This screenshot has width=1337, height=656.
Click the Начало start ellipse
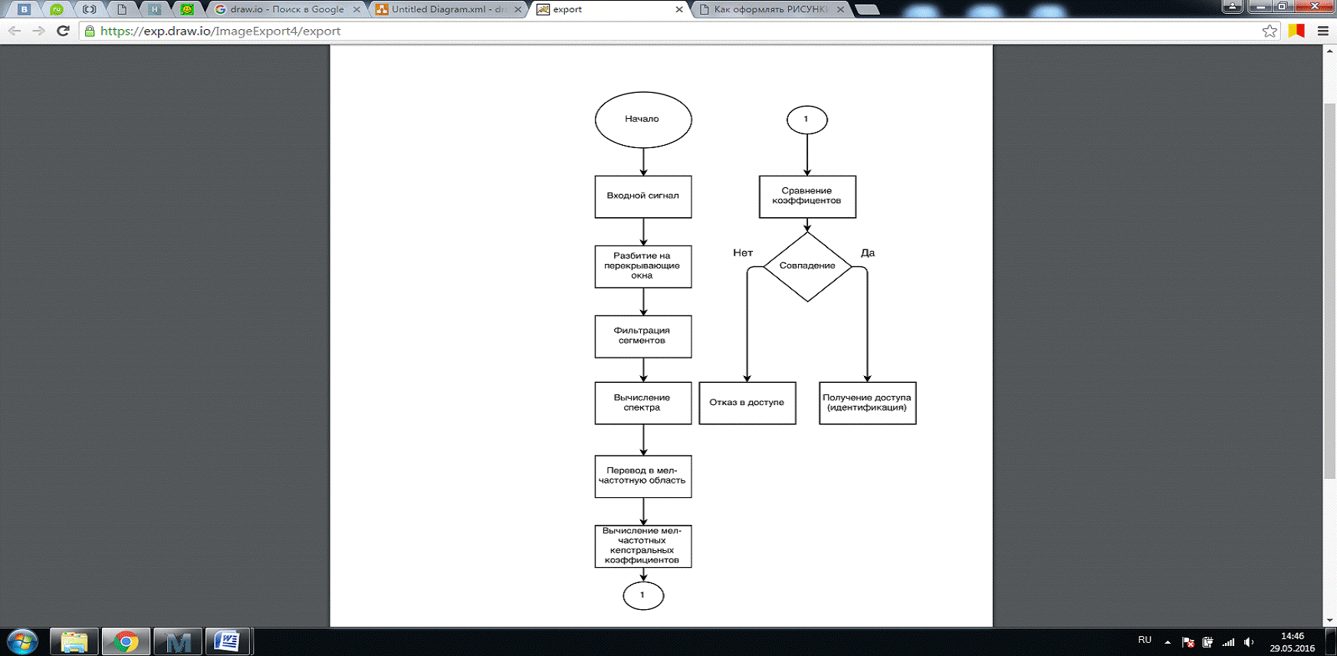click(643, 120)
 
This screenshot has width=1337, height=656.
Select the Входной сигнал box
click(643, 196)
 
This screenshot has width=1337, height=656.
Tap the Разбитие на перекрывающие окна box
click(643, 266)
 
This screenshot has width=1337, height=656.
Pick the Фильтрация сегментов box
click(643, 336)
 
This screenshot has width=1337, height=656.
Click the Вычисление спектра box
click(643, 403)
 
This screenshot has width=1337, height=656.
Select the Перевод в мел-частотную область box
click(643, 476)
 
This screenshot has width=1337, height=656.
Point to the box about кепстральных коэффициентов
click(643, 546)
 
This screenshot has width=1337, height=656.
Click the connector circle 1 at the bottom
click(643, 595)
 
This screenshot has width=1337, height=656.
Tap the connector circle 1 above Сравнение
click(806, 120)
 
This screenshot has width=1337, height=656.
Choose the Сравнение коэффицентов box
click(807, 196)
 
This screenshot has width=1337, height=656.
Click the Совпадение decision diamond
click(807, 266)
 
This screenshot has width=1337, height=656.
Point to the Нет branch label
click(743, 252)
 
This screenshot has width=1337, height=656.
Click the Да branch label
click(868, 252)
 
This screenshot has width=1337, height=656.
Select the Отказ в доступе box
click(747, 403)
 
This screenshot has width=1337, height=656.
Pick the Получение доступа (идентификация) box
click(867, 403)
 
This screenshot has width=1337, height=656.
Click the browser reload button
click(64, 31)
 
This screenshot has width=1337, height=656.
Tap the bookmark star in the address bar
click(1270, 31)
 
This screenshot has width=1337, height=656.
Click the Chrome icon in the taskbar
click(126, 641)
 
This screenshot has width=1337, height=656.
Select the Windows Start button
click(22, 641)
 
